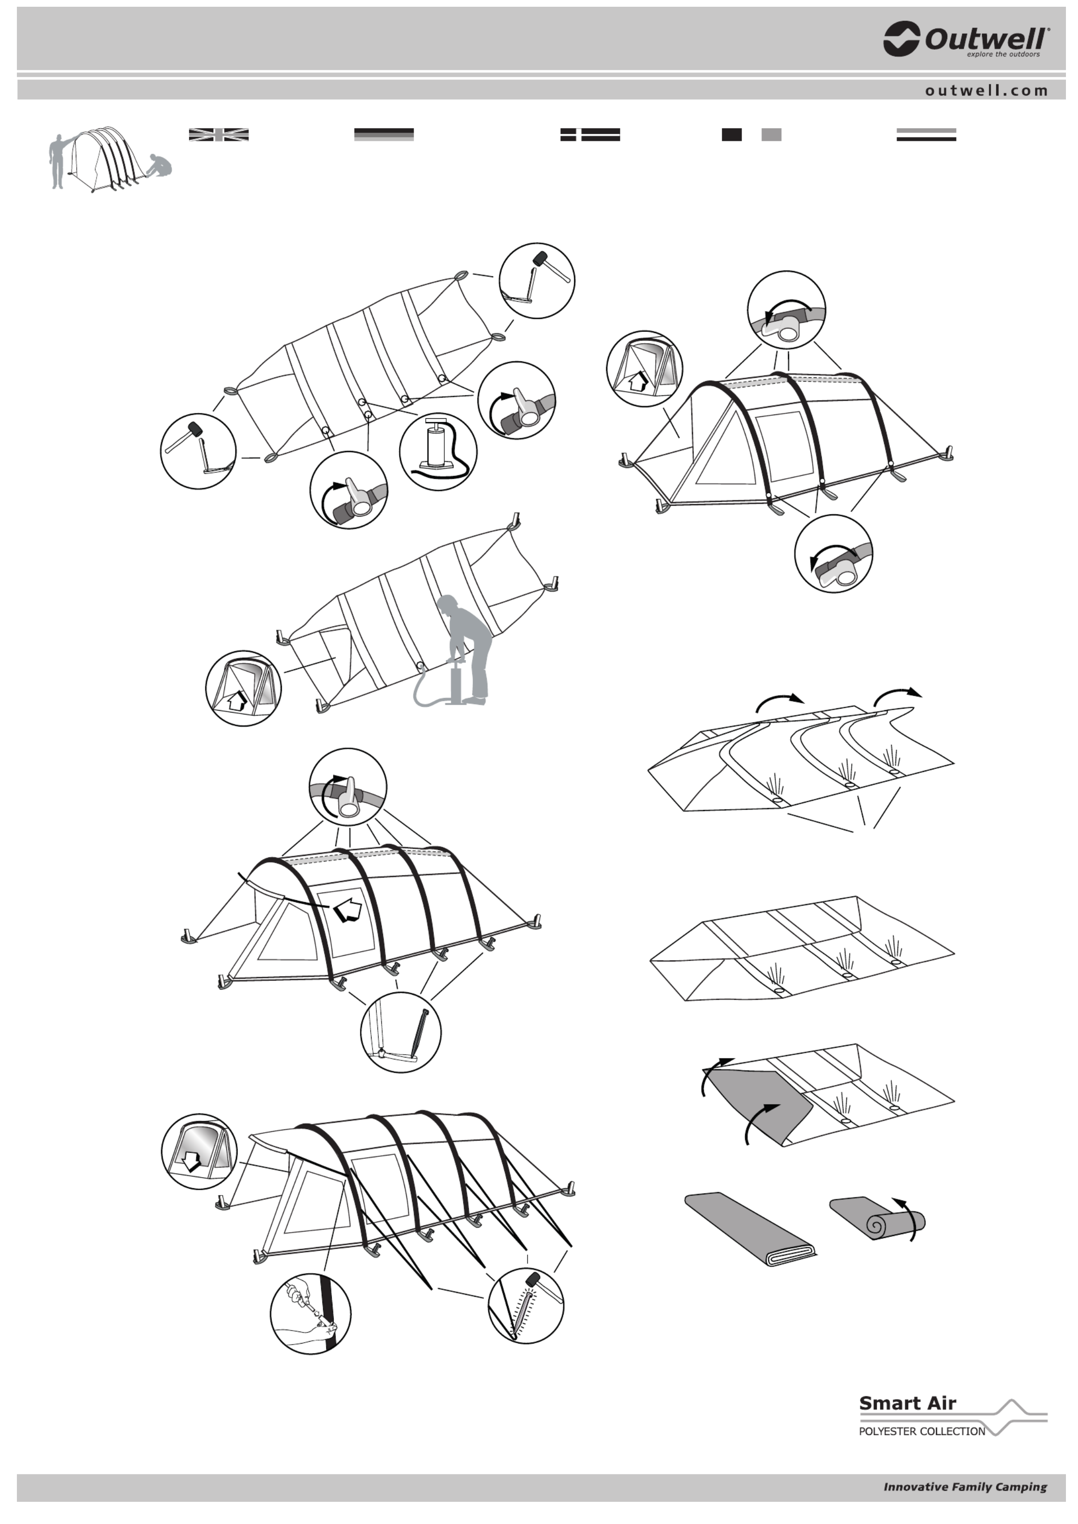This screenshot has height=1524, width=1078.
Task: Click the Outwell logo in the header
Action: tap(966, 39)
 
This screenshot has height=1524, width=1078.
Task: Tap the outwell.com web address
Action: tap(986, 90)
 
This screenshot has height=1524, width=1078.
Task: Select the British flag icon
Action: tap(219, 135)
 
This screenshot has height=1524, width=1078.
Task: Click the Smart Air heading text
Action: tap(907, 1403)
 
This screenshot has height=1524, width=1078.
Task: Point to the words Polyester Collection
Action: tap(922, 1431)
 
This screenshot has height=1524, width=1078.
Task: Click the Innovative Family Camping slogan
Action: tap(965, 1487)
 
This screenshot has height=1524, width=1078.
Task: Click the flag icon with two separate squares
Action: tap(751, 135)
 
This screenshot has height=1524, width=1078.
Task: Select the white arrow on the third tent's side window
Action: tap(348, 911)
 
